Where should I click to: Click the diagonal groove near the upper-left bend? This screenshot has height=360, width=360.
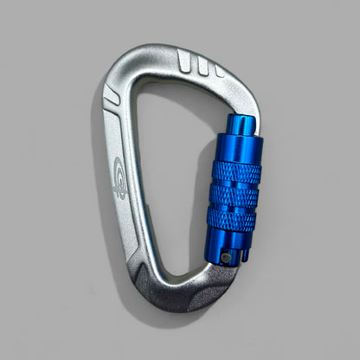pos(112,96)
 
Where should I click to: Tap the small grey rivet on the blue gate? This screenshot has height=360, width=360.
pos(225,257)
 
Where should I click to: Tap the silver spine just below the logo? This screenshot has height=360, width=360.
pos(126,216)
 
